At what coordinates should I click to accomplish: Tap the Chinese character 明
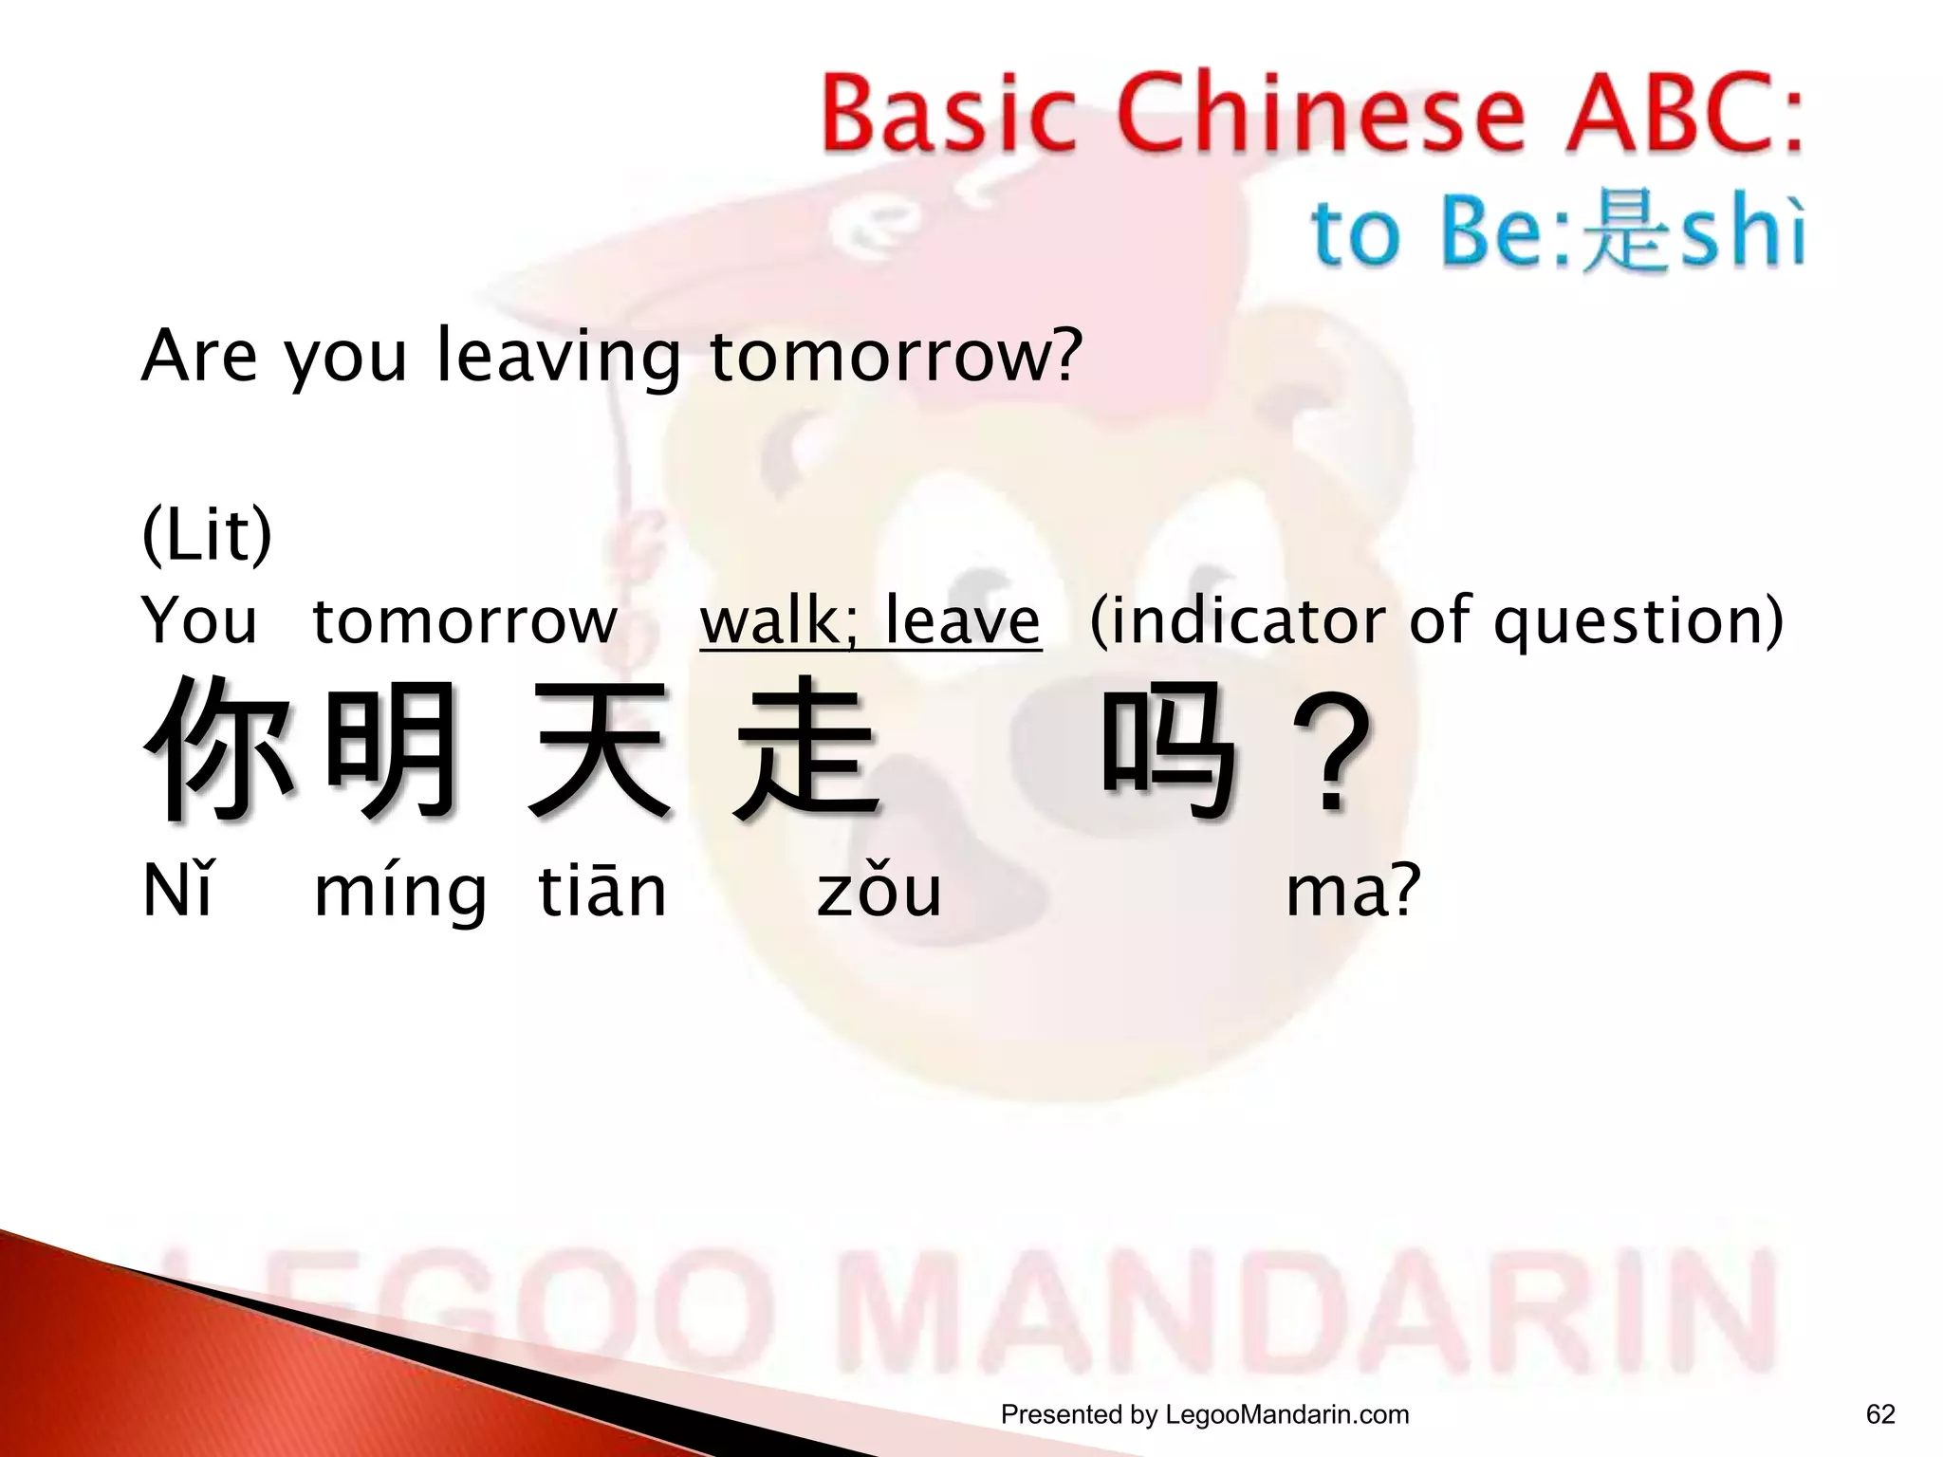tap(391, 748)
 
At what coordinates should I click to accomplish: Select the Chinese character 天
tap(601, 748)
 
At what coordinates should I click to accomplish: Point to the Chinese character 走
tap(806, 748)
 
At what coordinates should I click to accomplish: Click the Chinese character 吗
tap(1170, 748)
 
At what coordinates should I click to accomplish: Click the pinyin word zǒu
tap(879, 892)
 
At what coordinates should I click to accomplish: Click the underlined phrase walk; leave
tap(870, 620)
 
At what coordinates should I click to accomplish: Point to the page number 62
tap(1880, 1414)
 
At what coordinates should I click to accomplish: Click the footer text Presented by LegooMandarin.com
tap(1205, 1414)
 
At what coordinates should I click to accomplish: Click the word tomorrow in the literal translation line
tap(464, 622)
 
